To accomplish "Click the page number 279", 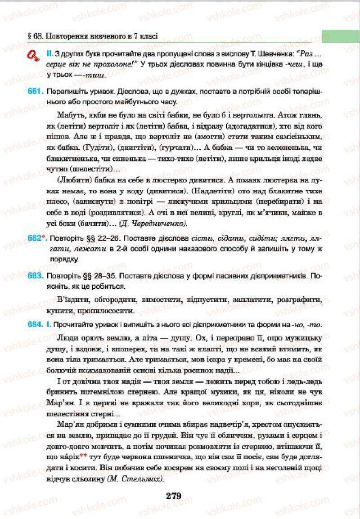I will [x=173, y=496].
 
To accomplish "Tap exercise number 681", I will [x=35, y=90].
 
